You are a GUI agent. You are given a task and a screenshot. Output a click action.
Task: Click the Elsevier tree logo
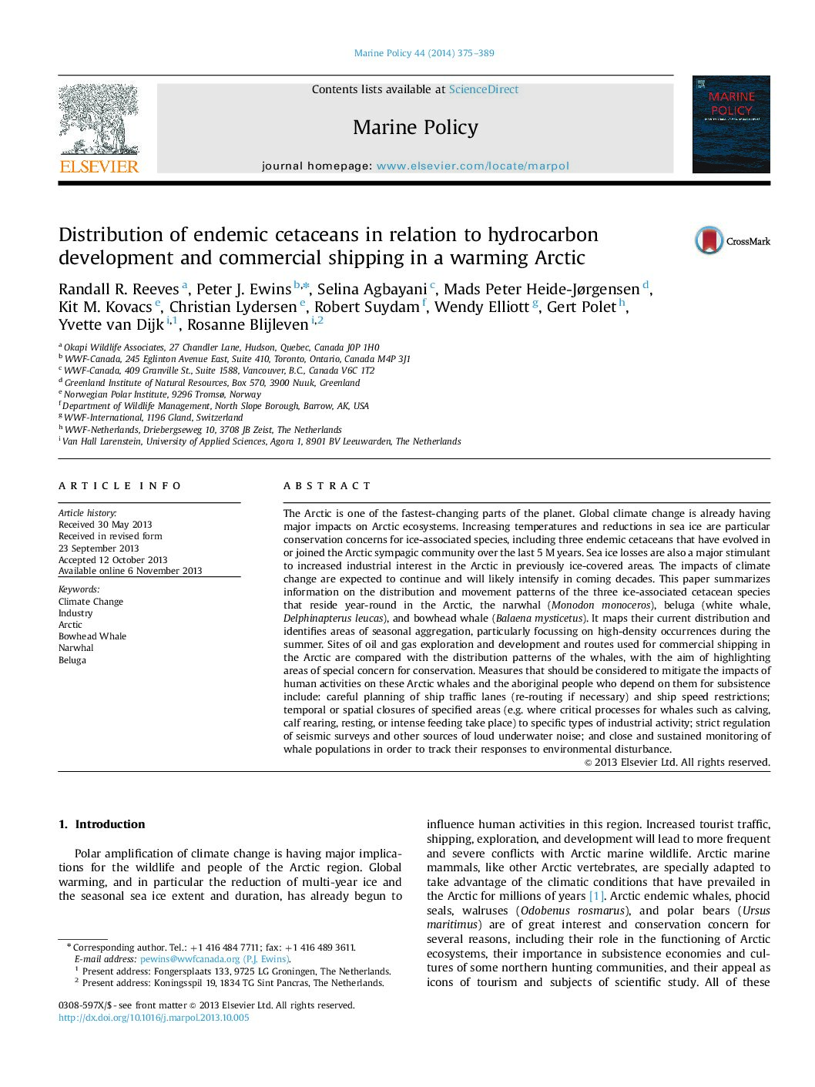coord(99,127)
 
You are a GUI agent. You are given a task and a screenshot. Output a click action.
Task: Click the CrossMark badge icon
coord(709,240)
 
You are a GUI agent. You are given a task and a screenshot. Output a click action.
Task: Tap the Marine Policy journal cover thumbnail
coord(730,124)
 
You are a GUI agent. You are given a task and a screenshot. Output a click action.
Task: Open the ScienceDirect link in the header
coord(484,89)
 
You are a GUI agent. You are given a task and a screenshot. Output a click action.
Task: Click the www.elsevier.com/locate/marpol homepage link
coord(473,166)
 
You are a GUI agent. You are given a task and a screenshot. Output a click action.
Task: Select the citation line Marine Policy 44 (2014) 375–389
coord(424,53)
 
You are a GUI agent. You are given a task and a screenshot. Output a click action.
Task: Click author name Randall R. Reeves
coord(119,289)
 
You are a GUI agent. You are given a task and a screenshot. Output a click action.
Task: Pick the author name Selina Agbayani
coord(371,289)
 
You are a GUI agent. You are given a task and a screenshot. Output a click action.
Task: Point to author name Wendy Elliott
coord(481,307)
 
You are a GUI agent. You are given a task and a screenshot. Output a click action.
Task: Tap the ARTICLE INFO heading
coord(119,486)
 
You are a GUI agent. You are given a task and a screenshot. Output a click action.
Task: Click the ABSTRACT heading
coord(327,486)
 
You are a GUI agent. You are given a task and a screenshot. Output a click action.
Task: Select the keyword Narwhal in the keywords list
coord(75,648)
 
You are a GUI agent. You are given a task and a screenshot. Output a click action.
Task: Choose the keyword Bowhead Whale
coord(92,636)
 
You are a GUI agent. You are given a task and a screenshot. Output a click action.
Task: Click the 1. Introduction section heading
coord(102,824)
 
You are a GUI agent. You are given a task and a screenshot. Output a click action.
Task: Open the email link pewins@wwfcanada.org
coord(189,959)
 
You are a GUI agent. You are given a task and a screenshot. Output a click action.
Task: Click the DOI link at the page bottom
coord(154,1018)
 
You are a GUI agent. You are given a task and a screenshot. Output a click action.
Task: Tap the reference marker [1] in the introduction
coord(596,896)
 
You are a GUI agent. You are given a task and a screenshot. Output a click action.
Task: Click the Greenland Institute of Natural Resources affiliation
coord(212,383)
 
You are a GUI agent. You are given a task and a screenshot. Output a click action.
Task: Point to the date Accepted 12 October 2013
coord(112,560)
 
